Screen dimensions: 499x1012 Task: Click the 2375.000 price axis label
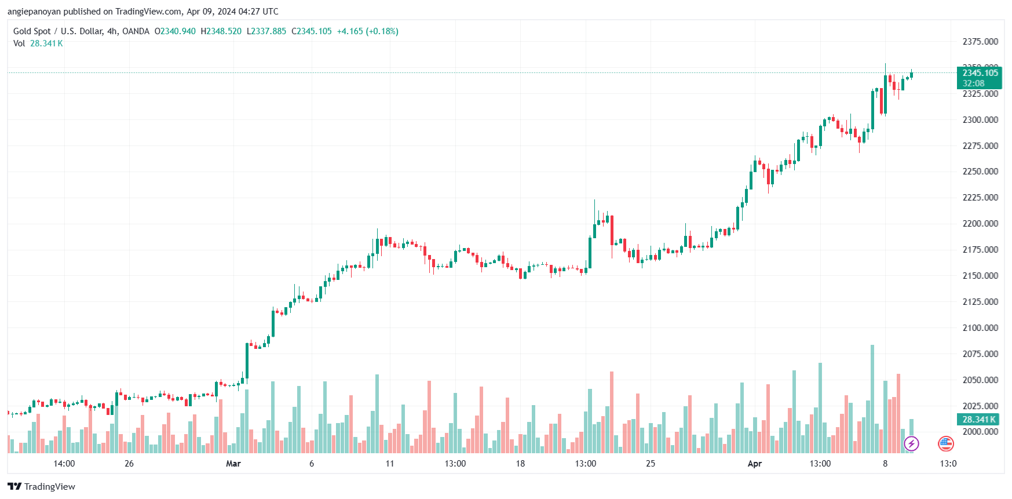click(x=980, y=42)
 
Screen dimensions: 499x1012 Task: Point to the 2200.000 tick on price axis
click(x=980, y=224)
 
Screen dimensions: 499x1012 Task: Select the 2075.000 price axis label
click(x=980, y=354)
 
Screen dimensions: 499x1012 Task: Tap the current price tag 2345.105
click(x=980, y=73)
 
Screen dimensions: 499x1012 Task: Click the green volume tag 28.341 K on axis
click(x=978, y=420)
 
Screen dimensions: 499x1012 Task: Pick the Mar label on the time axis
click(x=233, y=464)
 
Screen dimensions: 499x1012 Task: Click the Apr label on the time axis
click(x=754, y=464)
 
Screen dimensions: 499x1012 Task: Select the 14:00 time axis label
click(x=64, y=464)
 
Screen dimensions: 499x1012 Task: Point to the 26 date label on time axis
click(x=129, y=464)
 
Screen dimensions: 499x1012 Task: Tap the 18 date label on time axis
click(x=520, y=464)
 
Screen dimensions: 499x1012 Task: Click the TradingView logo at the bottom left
click(x=42, y=487)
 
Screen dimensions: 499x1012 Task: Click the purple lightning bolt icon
click(x=911, y=444)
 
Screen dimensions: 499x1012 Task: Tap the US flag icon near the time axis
click(x=945, y=444)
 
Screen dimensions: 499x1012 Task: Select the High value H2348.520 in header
click(x=221, y=31)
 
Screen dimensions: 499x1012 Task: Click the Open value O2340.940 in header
click(x=175, y=31)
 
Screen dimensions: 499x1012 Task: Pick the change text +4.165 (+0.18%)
click(x=367, y=31)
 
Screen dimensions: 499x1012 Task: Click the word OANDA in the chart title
click(x=136, y=31)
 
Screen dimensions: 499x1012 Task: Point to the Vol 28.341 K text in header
click(x=38, y=43)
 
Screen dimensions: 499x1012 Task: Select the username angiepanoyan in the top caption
click(x=34, y=12)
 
